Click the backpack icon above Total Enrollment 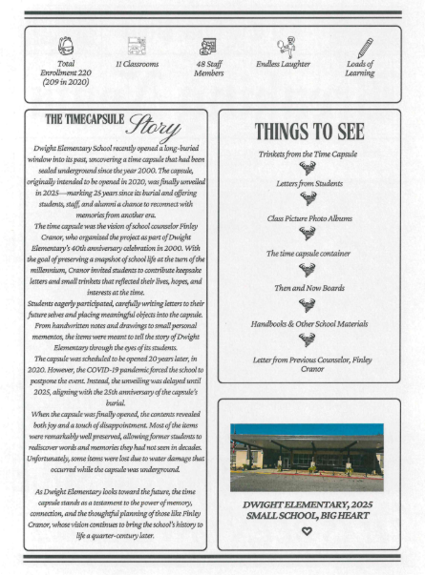[x=66, y=46]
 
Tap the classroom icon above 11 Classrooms [x=137, y=46]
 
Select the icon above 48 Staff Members [x=208, y=46]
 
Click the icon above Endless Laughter [x=285, y=45]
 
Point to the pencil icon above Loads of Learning [x=364, y=46]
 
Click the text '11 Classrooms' [x=137, y=65]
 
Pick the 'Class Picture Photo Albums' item [x=307, y=218]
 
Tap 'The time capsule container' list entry [x=307, y=253]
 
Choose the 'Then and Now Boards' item [x=307, y=288]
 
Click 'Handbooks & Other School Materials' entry [x=307, y=323]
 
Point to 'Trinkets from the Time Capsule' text [x=307, y=153]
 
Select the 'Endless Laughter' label [x=285, y=65]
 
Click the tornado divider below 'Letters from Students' [x=307, y=201]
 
